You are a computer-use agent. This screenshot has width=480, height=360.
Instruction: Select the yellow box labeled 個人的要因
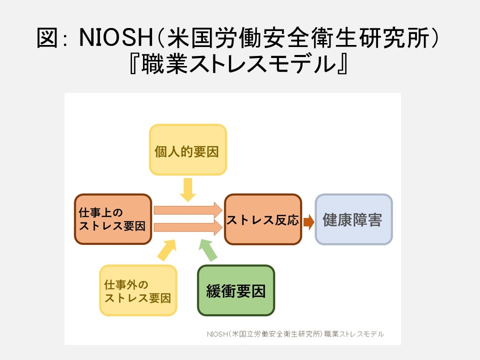tap(187, 150)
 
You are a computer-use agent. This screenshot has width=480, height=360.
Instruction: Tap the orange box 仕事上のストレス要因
tap(113, 219)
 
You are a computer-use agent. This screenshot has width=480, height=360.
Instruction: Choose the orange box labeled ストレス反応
tap(262, 219)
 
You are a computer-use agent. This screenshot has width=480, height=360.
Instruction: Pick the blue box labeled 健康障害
tap(353, 219)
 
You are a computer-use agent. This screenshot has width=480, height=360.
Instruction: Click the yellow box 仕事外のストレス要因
tap(138, 290)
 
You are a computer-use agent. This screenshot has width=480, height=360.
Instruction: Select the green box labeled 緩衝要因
tap(236, 290)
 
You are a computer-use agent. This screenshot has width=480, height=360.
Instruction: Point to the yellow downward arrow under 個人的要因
tap(187, 189)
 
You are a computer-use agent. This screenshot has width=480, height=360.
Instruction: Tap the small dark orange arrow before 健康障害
tap(308, 221)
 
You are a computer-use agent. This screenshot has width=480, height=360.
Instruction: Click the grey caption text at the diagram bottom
tap(295, 333)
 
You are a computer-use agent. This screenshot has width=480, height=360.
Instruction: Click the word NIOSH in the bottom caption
tap(216, 333)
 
